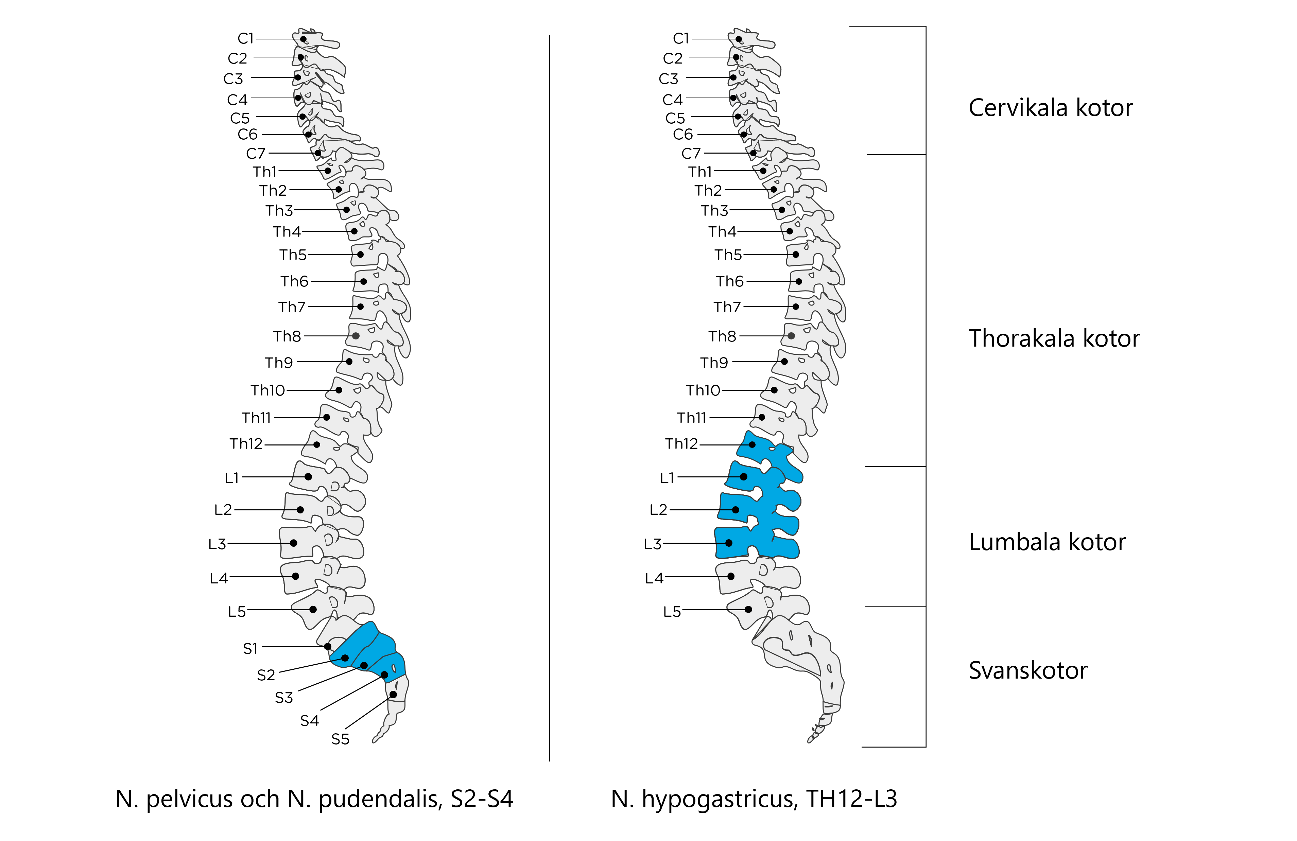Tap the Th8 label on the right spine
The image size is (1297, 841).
click(x=722, y=336)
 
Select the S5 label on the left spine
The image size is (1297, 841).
click(x=340, y=739)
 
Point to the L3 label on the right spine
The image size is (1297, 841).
click(x=652, y=544)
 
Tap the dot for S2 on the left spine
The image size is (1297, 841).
click(x=345, y=658)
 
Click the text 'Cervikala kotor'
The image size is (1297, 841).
click(x=1050, y=108)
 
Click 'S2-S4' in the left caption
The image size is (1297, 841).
click(x=482, y=799)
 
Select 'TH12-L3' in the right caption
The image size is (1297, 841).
click(x=851, y=799)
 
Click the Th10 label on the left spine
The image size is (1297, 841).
click(x=267, y=390)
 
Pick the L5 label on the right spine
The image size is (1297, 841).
click(x=672, y=612)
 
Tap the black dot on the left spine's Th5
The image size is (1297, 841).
click(x=360, y=255)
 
